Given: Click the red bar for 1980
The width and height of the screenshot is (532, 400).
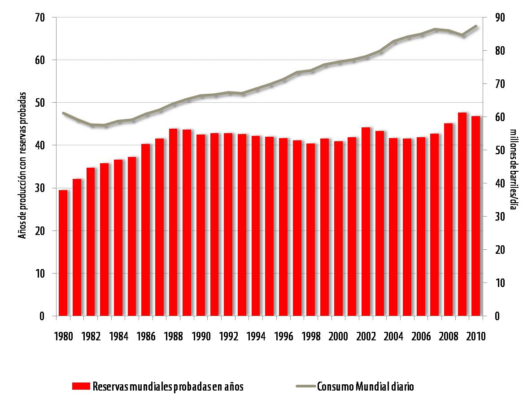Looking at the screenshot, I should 63,253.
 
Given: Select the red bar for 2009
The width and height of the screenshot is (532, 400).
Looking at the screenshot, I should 462,214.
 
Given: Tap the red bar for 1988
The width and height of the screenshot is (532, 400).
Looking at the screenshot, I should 173,222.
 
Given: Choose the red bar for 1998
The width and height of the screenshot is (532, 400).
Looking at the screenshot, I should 311,230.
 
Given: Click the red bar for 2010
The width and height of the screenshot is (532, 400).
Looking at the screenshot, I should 475,216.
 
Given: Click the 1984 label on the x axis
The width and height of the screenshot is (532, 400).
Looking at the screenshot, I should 118,336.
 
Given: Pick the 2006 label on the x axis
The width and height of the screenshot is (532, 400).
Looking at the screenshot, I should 421,336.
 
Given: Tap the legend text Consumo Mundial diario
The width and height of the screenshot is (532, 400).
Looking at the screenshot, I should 365,387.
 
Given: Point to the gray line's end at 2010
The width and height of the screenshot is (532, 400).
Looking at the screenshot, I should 476,26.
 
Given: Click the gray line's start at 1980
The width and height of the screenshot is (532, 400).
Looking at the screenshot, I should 63,113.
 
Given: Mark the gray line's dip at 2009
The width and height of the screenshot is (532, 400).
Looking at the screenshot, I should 462,35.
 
